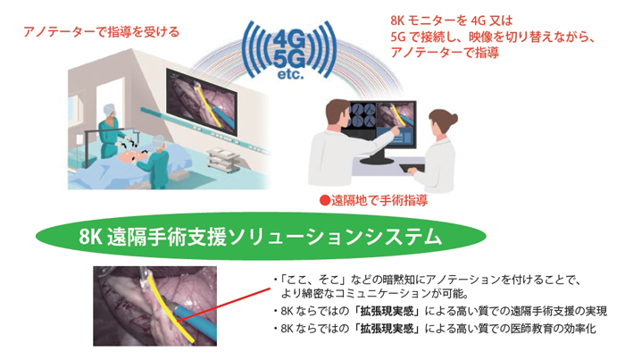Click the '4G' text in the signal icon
pos(290,40)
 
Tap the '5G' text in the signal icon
pos(290,59)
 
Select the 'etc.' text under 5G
pos(290,74)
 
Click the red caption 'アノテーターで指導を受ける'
pos(102,32)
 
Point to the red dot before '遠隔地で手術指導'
pos(324,200)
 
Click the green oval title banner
pos(261,236)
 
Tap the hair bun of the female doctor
pos(452,119)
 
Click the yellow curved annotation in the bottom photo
pos(170,307)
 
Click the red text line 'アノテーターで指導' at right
pos(445,52)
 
